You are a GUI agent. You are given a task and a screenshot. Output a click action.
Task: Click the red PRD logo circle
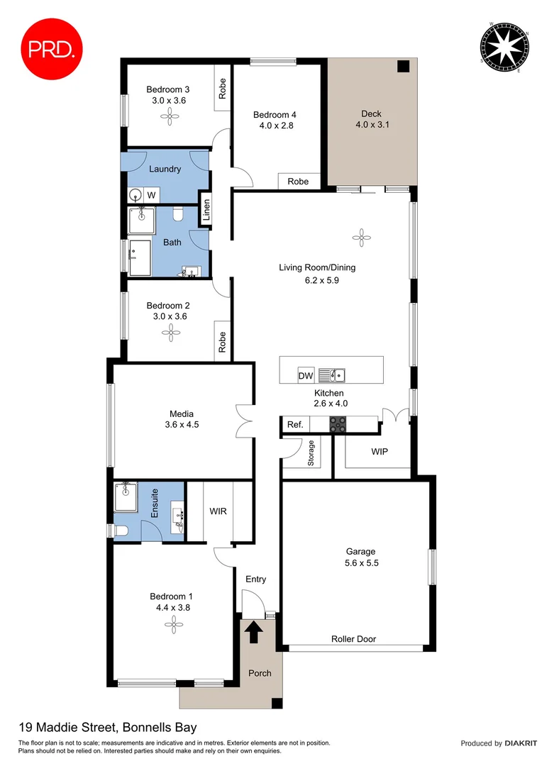pos(52,48)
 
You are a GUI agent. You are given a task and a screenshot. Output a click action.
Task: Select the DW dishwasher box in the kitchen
pos(306,375)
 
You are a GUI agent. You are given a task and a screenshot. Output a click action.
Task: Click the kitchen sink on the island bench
pos(331,374)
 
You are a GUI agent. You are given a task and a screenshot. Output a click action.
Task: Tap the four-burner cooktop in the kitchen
pos(338,425)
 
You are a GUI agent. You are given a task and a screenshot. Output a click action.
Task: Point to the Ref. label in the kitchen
pos(295,426)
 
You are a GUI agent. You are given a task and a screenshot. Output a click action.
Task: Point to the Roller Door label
pos(353,639)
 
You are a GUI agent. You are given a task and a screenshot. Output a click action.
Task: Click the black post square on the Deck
pos(403,67)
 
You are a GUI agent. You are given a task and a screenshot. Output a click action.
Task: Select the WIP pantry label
pos(380,452)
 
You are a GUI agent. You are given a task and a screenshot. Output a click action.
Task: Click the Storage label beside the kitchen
pos(310,454)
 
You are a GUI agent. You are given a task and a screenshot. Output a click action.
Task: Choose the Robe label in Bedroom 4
pos(298,182)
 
